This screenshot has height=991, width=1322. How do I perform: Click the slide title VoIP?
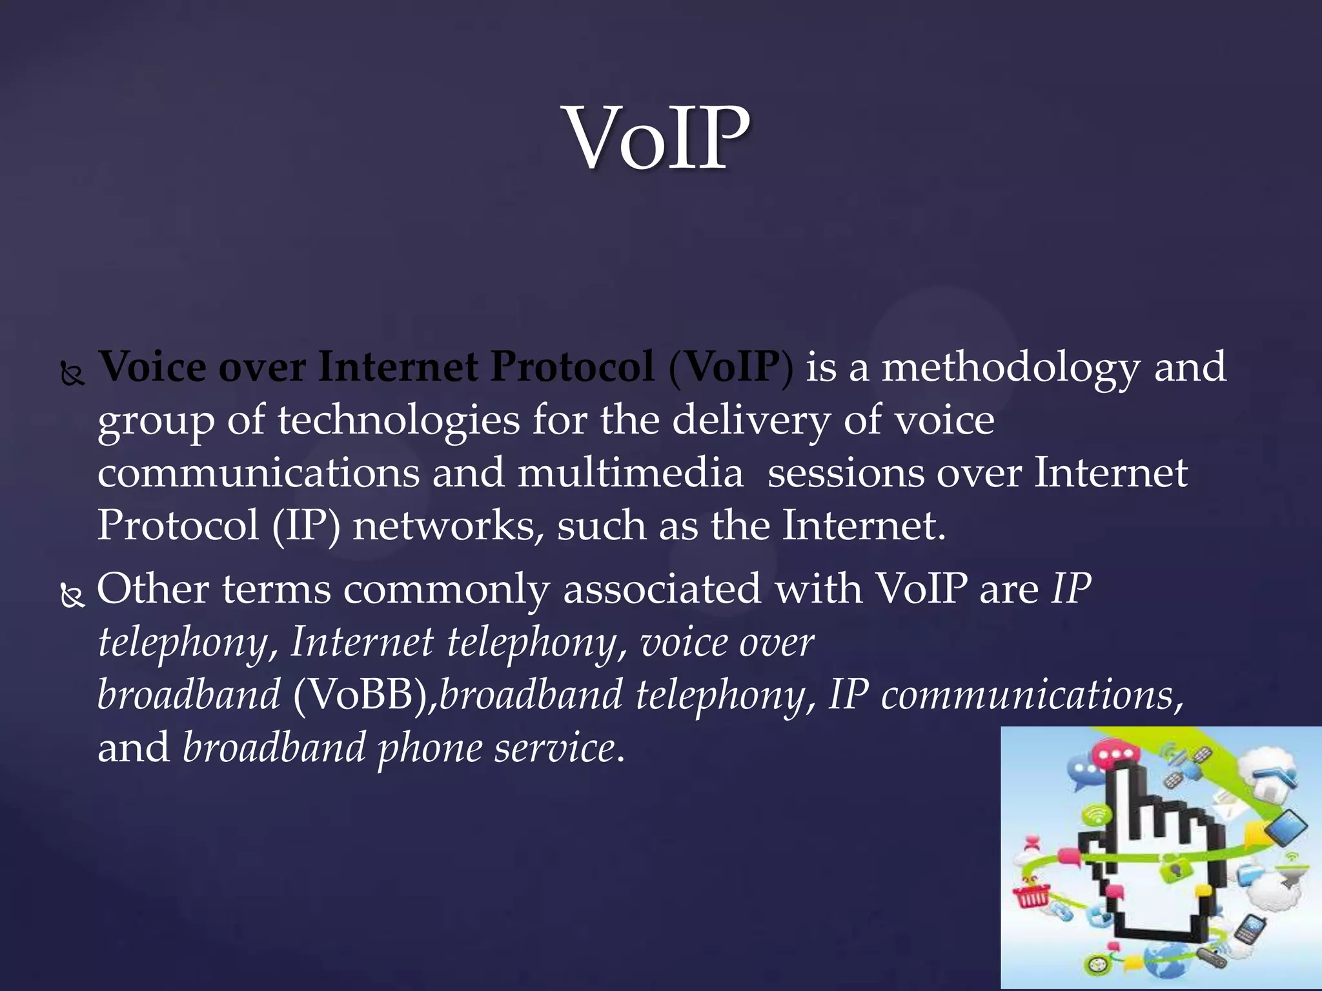click(658, 139)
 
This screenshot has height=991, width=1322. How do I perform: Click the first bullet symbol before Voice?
click(72, 374)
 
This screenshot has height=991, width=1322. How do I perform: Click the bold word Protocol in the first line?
click(572, 368)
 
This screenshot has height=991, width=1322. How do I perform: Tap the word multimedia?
click(631, 474)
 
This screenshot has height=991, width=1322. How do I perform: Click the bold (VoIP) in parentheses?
click(731, 368)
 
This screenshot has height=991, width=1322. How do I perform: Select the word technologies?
click(398, 421)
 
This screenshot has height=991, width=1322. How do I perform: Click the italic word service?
click(555, 748)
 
